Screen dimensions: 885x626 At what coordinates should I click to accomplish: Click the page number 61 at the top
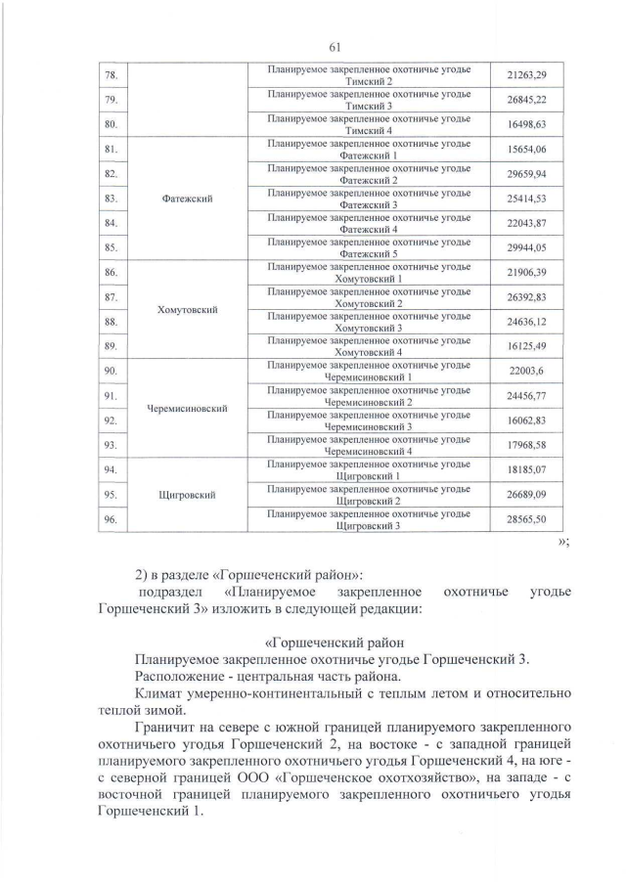pos(313,44)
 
